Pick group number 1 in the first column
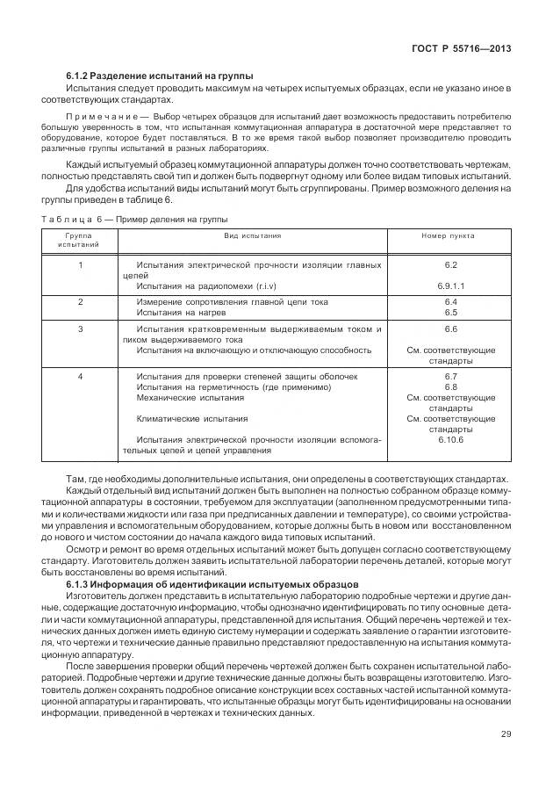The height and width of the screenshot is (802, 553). click(81, 264)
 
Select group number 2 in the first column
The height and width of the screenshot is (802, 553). click(81, 301)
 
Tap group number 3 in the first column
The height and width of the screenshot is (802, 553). click(81, 329)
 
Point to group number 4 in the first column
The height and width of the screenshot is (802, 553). click(81, 376)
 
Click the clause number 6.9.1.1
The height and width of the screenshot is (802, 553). click(451, 285)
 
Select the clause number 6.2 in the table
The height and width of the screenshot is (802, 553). click(451, 264)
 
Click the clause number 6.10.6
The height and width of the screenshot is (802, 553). click(451, 440)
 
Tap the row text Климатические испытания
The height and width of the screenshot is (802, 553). click(191, 419)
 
